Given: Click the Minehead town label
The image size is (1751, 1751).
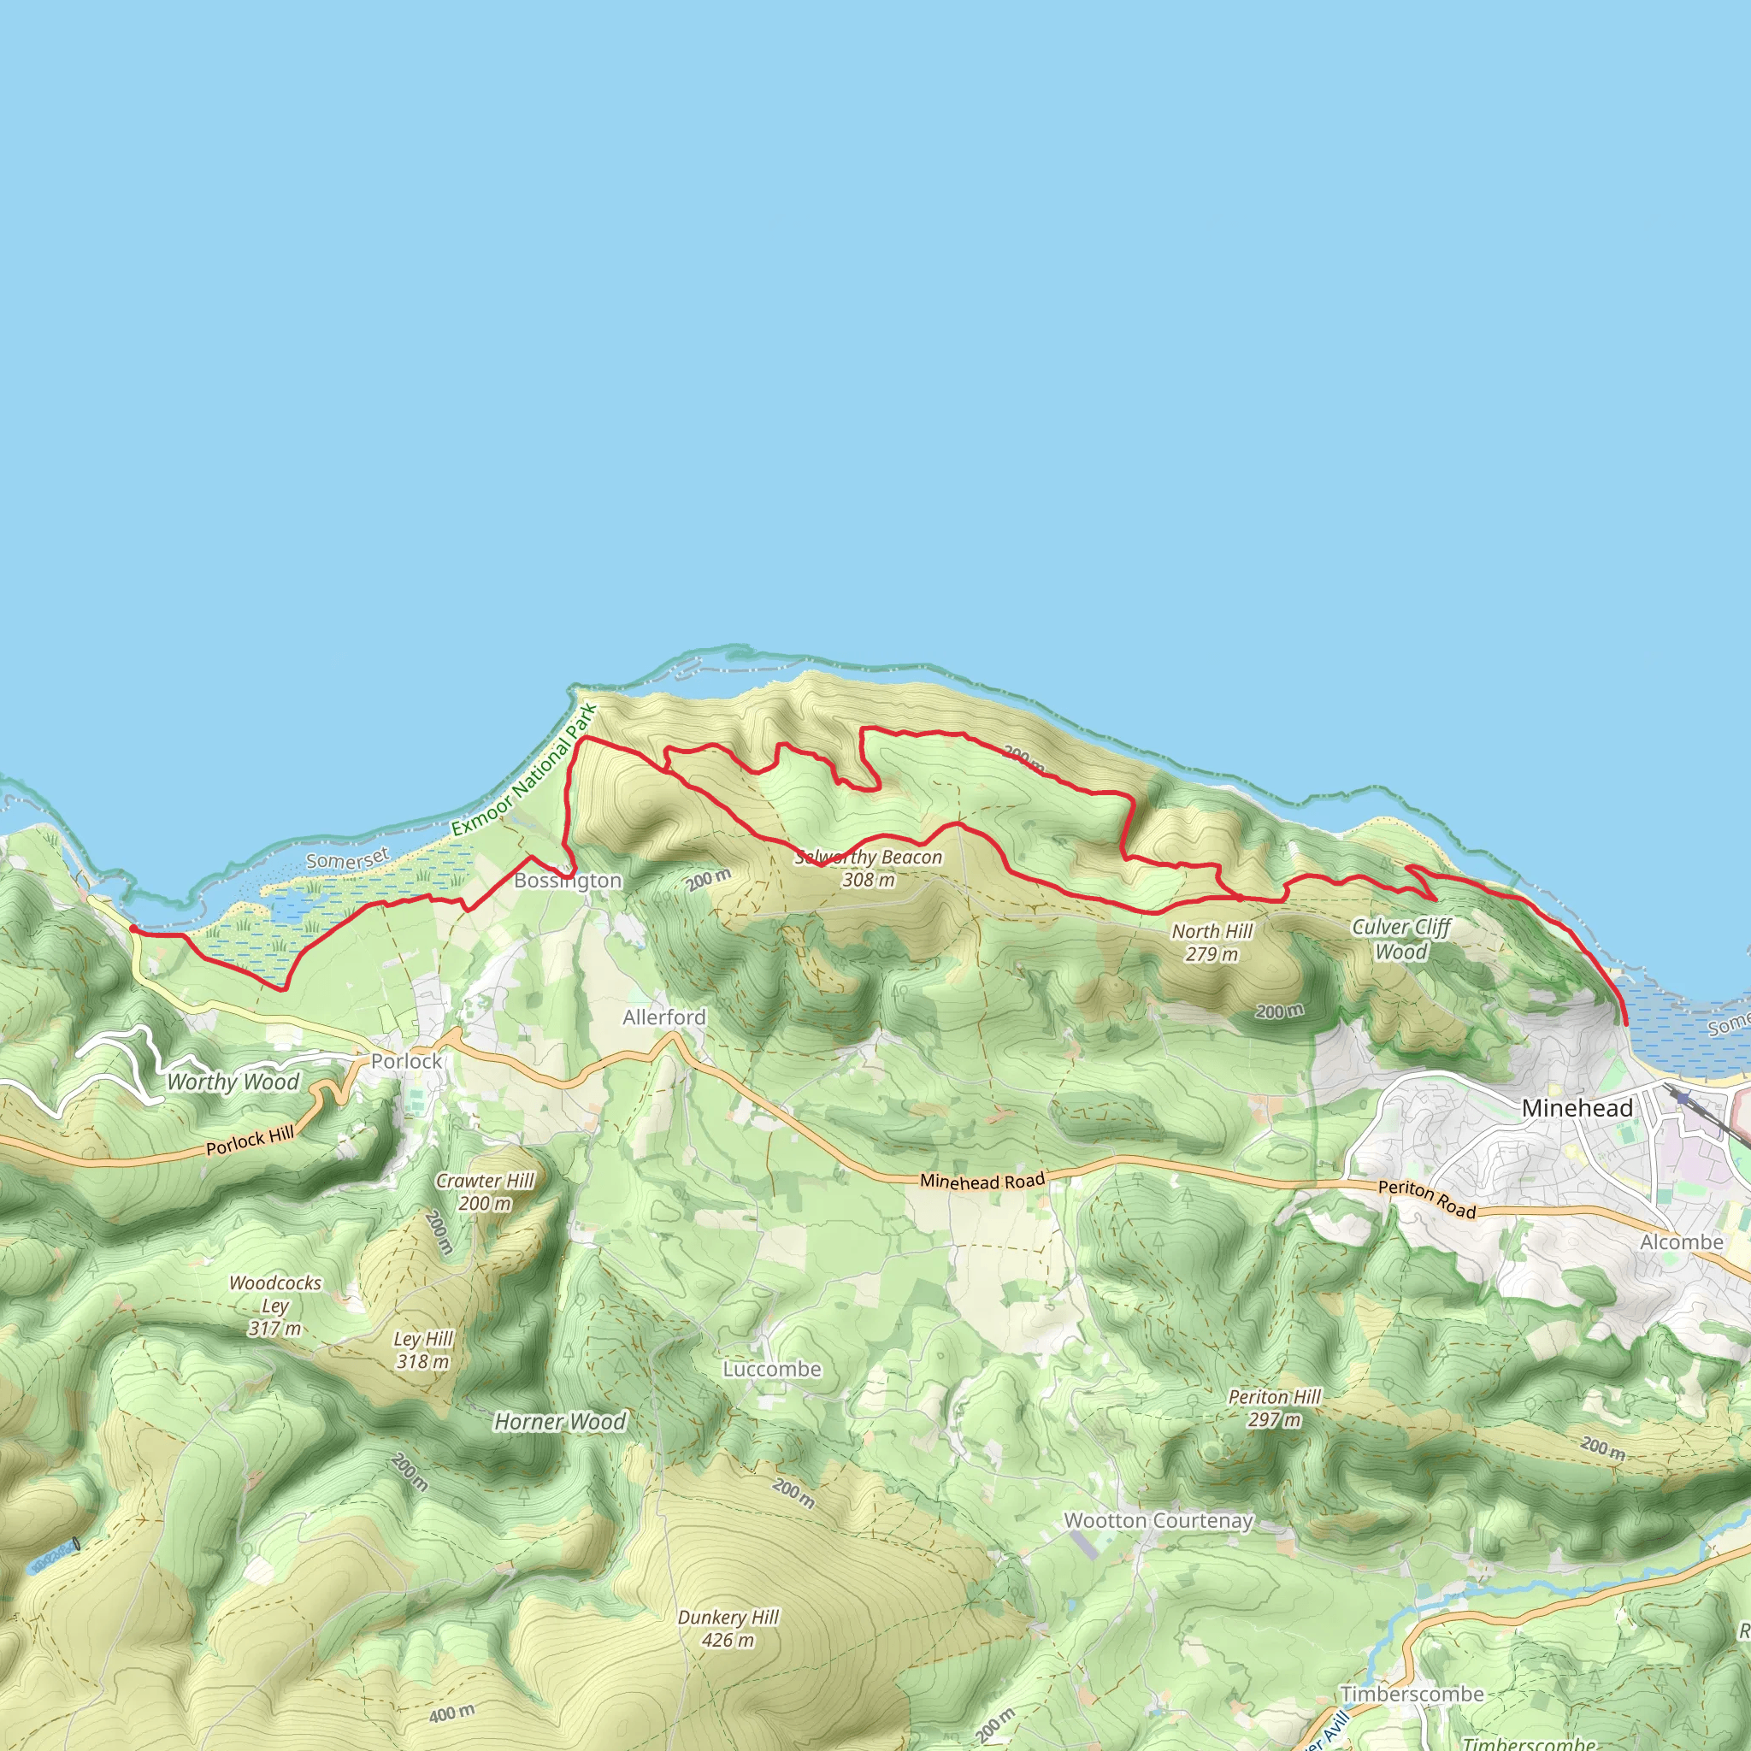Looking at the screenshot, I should pyautogui.click(x=1577, y=1107).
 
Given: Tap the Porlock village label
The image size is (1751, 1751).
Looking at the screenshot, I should pyautogui.click(x=406, y=1061).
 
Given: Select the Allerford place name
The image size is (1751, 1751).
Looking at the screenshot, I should pyautogui.click(x=663, y=1017).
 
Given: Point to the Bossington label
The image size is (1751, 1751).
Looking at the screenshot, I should pyautogui.click(x=568, y=880).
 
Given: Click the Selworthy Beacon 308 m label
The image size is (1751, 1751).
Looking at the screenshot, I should pyautogui.click(x=869, y=869).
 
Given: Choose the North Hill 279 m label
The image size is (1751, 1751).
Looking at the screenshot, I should pyautogui.click(x=1212, y=942).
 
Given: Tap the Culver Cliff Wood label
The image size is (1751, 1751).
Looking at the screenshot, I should pyautogui.click(x=1400, y=939).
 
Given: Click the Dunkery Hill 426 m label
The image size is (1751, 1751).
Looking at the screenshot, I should pyautogui.click(x=728, y=1629).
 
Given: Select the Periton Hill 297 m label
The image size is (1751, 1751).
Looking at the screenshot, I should pyautogui.click(x=1274, y=1408).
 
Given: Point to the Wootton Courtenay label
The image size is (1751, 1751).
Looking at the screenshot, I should pyautogui.click(x=1158, y=1521).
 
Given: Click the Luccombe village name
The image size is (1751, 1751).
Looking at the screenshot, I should pyautogui.click(x=771, y=1370).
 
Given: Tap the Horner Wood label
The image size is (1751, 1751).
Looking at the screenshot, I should pyautogui.click(x=559, y=1422).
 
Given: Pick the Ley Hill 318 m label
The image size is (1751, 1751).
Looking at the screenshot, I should pyautogui.click(x=422, y=1350).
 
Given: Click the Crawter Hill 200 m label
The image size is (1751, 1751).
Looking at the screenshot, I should pyautogui.click(x=485, y=1192).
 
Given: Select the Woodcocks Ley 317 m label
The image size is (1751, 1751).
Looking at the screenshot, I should pyautogui.click(x=274, y=1306).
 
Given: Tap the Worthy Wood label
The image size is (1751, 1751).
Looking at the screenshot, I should pyautogui.click(x=233, y=1082).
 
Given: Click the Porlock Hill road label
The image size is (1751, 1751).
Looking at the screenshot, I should pyautogui.click(x=250, y=1142).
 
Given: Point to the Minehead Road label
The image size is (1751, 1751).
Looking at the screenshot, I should pyautogui.click(x=982, y=1181).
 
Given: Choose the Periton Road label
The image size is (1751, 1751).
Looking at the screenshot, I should pyautogui.click(x=1427, y=1199).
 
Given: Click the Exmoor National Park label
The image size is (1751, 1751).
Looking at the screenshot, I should pyautogui.click(x=524, y=770).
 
